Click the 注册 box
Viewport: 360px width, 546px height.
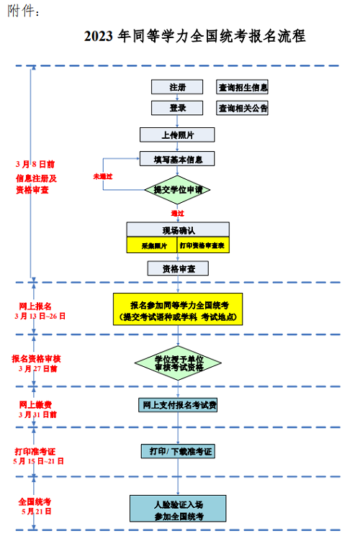coord(177,87)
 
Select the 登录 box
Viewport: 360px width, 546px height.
coord(177,108)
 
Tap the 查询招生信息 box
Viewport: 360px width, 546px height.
coord(243,87)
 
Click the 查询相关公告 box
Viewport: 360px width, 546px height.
coord(243,108)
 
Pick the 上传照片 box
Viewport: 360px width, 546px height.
coord(177,135)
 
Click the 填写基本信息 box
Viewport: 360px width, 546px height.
coord(177,159)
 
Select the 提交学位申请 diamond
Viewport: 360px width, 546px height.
coord(177,190)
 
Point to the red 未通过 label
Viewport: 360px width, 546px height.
coord(103,176)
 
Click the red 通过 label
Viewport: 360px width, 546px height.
coord(177,214)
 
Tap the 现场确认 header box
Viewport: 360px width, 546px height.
coord(177,229)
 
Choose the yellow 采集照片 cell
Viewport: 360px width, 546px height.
coord(152,245)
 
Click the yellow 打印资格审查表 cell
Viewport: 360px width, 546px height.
coord(203,245)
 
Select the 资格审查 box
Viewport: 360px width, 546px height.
coord(177,268)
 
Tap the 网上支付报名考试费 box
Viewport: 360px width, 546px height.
coord(178,405)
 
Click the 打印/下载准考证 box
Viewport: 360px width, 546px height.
coord(178,451)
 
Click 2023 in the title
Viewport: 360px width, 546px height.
coord(99,36)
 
